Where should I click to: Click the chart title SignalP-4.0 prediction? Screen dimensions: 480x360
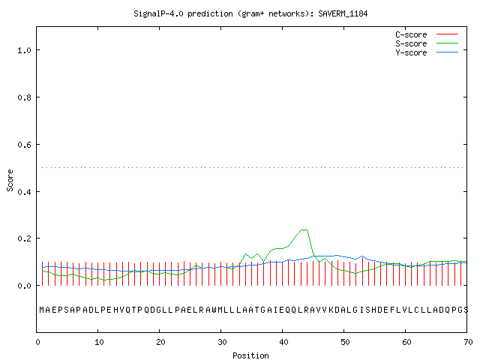tap(183, 13)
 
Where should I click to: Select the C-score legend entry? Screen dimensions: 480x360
tap(427, 34)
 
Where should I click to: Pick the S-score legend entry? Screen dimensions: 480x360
tap(427, 43)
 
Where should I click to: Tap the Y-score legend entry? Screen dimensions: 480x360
tap(427, 52)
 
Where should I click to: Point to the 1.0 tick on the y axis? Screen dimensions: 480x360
tap(25, 50)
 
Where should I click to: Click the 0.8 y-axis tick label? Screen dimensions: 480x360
tap(25, 97)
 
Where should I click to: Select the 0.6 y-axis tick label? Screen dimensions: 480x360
tap(25, 145)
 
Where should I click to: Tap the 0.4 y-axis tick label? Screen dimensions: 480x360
tap(25, 192)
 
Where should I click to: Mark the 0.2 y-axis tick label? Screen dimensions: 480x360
tap(25, 238)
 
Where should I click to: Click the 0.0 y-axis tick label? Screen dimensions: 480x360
tap(25, 286)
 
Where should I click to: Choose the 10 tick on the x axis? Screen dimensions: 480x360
tap(99, 342)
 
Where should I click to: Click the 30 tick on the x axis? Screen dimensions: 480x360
tap(222, 342)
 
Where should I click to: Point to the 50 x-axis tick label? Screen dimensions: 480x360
tap(345, 342)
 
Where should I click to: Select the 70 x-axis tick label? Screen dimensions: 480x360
tap(468, 342)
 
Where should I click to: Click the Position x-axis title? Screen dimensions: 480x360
tap(250, 355)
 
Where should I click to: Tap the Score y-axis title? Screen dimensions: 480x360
tap(10, 180)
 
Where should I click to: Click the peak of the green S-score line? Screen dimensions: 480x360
tap(304, 229)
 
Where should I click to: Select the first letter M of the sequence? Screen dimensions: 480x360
tap(42, 310)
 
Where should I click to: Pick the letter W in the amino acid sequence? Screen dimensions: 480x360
tap(214, 310)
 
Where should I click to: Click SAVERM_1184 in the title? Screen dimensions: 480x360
tap(343, 13)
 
